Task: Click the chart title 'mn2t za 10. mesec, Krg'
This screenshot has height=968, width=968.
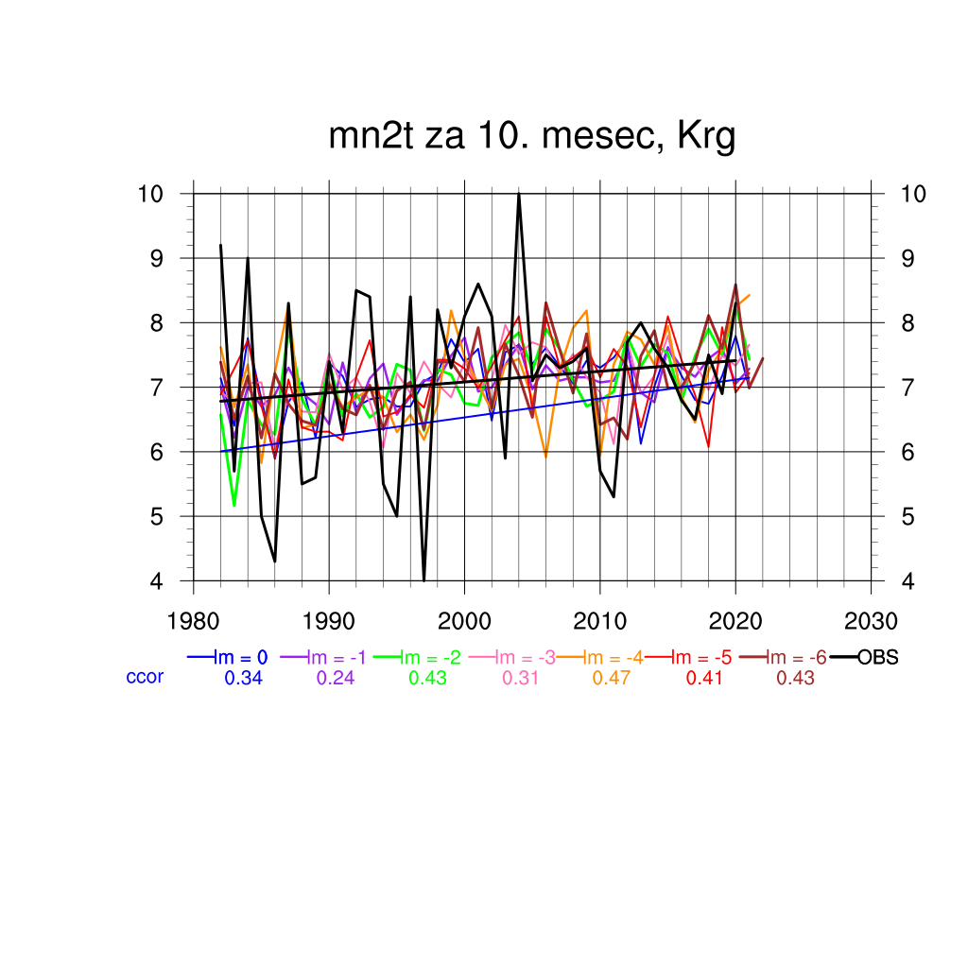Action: (x=531, y=137)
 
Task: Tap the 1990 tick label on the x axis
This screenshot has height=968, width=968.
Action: (x=329, y=622)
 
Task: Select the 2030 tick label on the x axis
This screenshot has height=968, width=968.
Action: (x=870, y=622)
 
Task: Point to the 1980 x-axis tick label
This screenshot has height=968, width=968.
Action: (x=194, y=622)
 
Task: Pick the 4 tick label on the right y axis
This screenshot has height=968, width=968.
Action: (x=908, y=581)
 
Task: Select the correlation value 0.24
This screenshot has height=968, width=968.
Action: (x=336, y=678)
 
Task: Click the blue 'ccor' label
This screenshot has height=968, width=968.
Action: (x=145, y=677)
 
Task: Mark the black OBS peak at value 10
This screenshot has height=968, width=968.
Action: (x=519, y=195)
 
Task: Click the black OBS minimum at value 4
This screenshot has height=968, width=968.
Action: (x=423, y=579)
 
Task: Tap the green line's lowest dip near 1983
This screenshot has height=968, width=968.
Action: (x=233, y=505)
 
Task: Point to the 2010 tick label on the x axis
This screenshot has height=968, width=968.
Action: (x=599, y=622)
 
